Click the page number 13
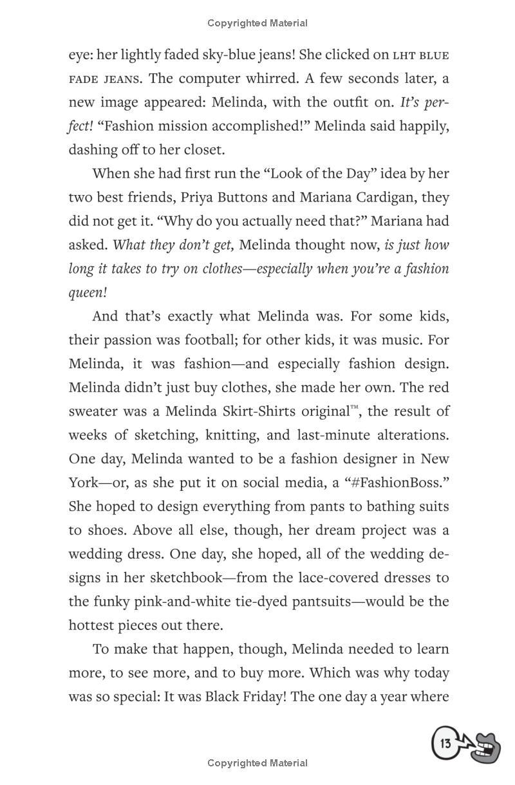[x=445, y=744]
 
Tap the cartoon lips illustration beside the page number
[x=485, y=747]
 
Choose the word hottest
[x=93, y=625]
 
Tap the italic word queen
[x=86, y=292]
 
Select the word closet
[x=204, y=150]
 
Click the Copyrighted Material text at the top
[x=257, y=23]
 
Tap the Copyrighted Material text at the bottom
[x=257, y=763]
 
